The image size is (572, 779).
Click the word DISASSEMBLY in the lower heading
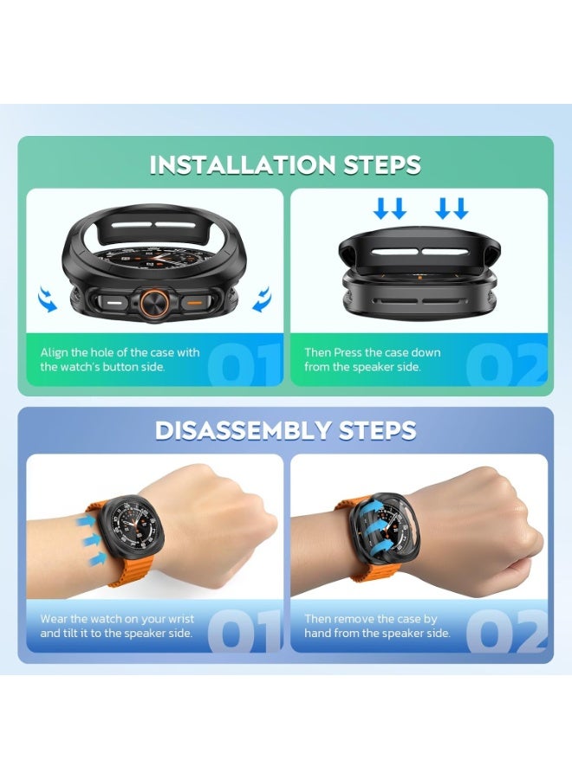pos(228,429)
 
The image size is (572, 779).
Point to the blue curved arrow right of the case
pos(262,299)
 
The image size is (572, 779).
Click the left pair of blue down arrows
pos(388,208)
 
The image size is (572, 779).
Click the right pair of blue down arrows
pos(452,208)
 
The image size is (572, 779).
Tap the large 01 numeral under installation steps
pos(246,364)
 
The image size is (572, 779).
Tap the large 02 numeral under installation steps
pos(506,364)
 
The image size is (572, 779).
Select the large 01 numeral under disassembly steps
pos(246,629)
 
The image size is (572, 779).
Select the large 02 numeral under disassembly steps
pos(506,629)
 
